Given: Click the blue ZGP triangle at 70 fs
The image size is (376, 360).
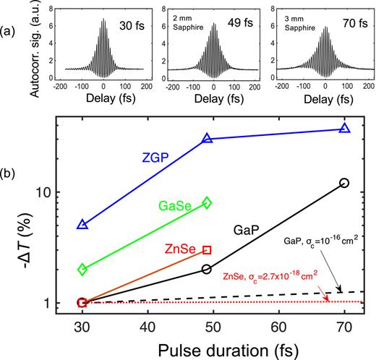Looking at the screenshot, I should pos(344,129).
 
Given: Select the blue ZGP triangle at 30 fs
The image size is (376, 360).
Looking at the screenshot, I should pos(82,225).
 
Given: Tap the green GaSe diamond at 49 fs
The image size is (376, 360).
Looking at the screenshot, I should pos(207,203).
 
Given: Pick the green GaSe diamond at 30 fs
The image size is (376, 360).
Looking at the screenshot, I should pos(82,269).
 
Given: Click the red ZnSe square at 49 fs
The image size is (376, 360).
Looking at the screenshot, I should pos(207,249).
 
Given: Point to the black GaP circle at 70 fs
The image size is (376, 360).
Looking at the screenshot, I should pos(344,183).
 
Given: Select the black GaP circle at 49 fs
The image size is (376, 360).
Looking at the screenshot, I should pos(207,269).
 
